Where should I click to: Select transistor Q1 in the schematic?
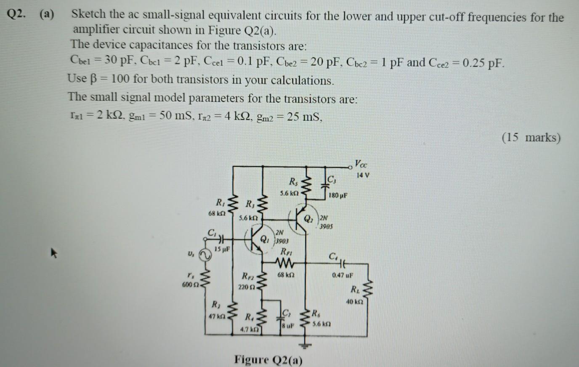click(x=258, y=240)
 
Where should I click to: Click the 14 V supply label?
click(x=363, y=175)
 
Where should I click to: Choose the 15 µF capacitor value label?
click(x=222, y=250)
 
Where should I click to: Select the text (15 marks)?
click(x=531, y=138)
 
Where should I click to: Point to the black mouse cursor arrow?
click(x=53, y=253)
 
